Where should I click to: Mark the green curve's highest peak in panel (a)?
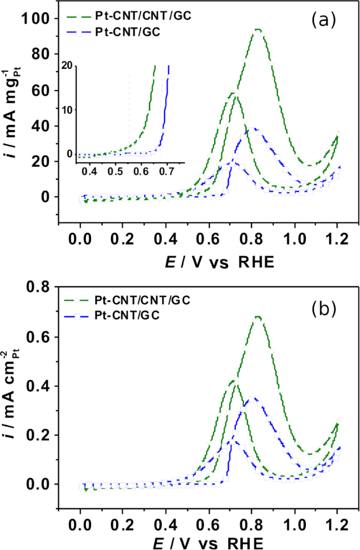point(257,29)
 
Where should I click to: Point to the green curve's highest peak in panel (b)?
point(257,317)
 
